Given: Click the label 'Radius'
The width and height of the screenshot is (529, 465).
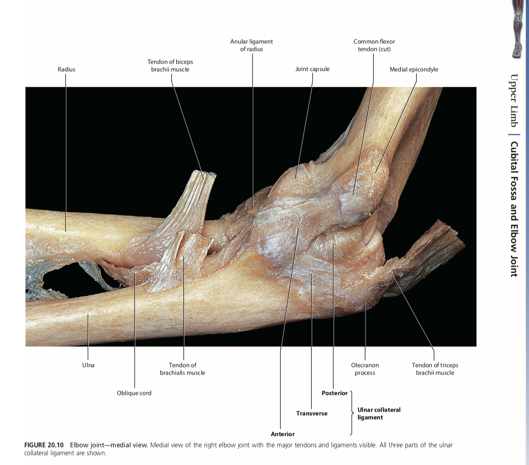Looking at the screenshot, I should click(x=66, y=69).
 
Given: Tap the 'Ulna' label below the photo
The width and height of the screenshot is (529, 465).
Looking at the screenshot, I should click(x=88, y=365).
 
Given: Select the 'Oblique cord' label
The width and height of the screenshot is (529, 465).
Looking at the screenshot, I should click(x=134, y=393).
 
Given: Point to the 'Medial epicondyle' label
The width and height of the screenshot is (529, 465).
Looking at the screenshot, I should click(x=414, y=69).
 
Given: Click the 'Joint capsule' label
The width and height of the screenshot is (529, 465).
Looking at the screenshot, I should click(x=312, y=69).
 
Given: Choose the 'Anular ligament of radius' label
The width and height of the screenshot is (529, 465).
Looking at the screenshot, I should click(x=251, y=45).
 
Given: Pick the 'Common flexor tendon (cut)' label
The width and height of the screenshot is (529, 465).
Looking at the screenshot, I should click(x=374, y=45).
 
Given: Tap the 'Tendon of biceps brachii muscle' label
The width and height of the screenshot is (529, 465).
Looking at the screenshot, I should click(x=170, y=66).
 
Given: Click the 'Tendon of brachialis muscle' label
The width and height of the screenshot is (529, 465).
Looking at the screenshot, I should click(x=183, y=369).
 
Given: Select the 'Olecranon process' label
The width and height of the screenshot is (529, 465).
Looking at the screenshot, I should click(x=365, y=369).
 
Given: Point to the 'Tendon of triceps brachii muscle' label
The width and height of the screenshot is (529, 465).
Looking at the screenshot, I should click(x=435, y=369).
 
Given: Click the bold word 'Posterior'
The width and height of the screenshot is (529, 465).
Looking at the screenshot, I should click(x=335, y=393).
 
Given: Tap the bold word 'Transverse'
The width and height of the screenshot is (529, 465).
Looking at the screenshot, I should click(x=312, y=413).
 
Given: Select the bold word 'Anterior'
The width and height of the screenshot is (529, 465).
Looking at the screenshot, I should click(x=283, y=434).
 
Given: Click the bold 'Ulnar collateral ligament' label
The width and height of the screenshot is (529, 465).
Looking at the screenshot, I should click(x=379, y=413).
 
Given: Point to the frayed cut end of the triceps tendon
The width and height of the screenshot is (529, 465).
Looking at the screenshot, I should click(x=453, y=235).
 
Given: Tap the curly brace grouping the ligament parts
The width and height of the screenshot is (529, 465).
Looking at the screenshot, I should click(x=352, y=413).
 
